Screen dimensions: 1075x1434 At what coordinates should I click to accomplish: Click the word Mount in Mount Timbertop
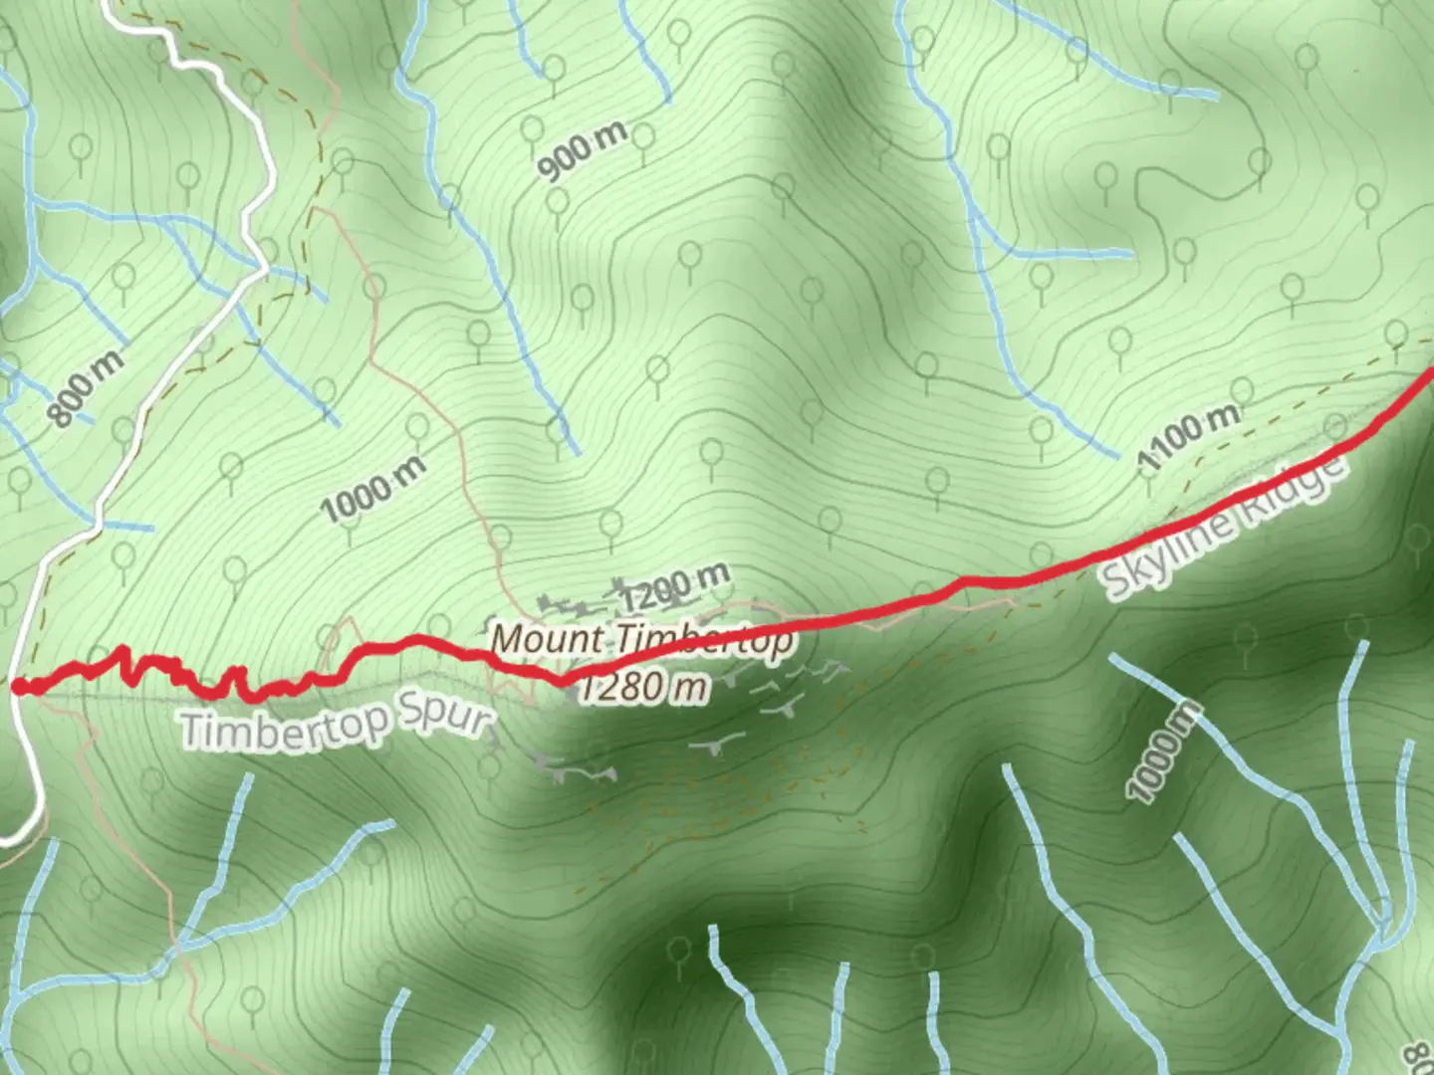tap(547, 638)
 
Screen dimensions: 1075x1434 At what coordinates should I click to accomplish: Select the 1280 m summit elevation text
tap(644, 687)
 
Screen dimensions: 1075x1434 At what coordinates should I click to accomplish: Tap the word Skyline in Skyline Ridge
tap(1165, 559)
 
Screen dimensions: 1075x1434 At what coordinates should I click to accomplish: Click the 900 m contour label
tap(583, 150)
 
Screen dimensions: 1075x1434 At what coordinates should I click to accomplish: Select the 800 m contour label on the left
tap(88, 388)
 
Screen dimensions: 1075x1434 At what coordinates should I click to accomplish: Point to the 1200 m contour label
tap(674, 588)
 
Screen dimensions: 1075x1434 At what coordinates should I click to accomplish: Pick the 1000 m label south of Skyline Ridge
tap(1164, 752)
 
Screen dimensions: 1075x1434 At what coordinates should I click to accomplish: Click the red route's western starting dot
tap(19, 686)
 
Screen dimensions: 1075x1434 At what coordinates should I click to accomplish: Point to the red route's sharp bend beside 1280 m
tap(564, 681)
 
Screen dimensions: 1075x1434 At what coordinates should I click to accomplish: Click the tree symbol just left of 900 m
tap(533, 129)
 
